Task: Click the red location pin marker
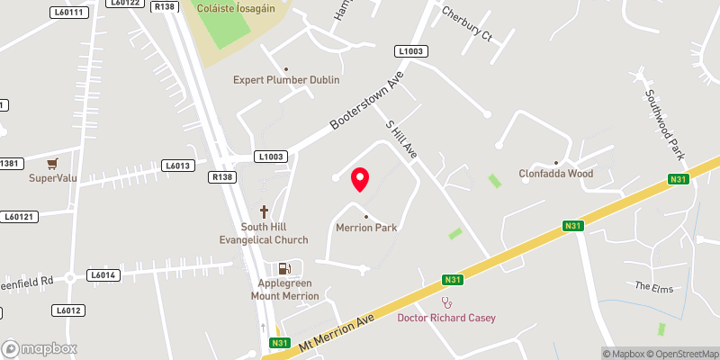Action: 360,178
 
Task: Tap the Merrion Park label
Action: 366,228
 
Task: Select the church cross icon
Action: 265,212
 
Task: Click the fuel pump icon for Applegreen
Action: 284,267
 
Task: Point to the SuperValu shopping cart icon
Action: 54,164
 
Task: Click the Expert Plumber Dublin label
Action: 286,80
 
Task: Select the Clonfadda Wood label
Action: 556,174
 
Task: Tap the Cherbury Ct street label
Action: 467,24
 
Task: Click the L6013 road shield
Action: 177,166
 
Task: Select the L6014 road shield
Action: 103,274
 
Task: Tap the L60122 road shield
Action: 123,4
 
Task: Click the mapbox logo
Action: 39,348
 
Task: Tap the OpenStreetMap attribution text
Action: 682,353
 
